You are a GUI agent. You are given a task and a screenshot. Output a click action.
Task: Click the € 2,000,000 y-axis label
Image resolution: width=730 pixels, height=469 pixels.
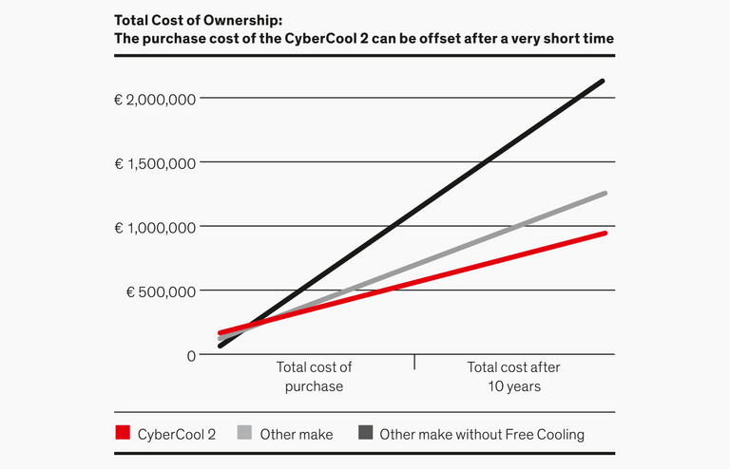(x=155, y=99)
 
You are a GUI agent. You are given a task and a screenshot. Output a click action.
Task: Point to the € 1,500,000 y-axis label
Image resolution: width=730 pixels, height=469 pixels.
(x=155, y=163)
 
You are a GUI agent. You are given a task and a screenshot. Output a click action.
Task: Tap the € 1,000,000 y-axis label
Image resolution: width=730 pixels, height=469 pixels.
(x=155, y=227)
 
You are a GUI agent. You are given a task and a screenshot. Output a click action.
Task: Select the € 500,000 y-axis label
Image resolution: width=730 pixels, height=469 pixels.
(x=161, y=291)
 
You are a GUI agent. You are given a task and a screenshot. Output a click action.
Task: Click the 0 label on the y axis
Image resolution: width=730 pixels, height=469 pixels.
(x=190, y=355)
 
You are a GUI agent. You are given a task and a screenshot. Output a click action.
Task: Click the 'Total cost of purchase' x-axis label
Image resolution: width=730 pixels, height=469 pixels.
(x=314, y=376)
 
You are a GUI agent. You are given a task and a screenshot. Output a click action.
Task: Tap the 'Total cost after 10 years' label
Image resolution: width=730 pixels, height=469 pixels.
(x=513, y=376)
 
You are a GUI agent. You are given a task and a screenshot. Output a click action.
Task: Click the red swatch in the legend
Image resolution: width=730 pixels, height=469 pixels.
(x=122, y=434)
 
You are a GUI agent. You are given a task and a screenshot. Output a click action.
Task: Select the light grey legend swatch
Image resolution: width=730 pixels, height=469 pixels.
(x=244, y=434)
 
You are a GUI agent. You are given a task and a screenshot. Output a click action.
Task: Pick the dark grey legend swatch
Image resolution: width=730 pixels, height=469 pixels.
(x=365, y=434)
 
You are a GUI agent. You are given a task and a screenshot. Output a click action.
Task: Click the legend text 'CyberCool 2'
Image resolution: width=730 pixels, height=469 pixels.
(x=178, y=435)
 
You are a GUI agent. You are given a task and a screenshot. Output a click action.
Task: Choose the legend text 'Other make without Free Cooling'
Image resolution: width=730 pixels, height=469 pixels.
(x=482, y=435)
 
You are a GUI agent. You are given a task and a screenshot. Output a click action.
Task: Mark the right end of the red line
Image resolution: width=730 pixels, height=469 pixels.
(x=605, y=233)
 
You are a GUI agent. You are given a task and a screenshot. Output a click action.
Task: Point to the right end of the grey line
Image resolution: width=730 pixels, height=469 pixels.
(x=605, y=194)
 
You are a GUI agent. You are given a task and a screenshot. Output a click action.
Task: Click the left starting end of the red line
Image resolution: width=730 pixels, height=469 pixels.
(x=221, y=333)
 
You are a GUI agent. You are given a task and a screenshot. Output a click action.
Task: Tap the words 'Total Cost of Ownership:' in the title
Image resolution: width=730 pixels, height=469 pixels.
(x=198, y=20)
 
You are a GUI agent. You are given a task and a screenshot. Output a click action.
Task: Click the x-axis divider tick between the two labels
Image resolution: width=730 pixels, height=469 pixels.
(x=414, y=362)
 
